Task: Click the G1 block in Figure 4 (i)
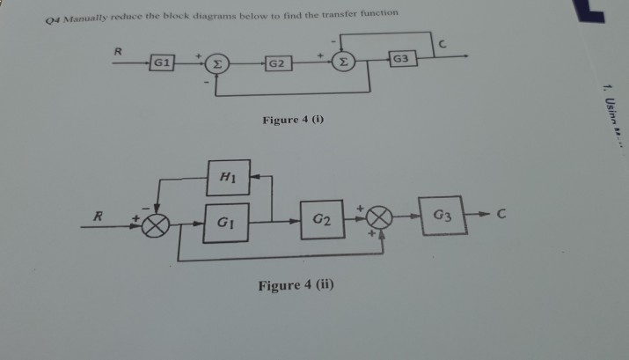coord(163,63)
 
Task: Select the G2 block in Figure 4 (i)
coord(276,65)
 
